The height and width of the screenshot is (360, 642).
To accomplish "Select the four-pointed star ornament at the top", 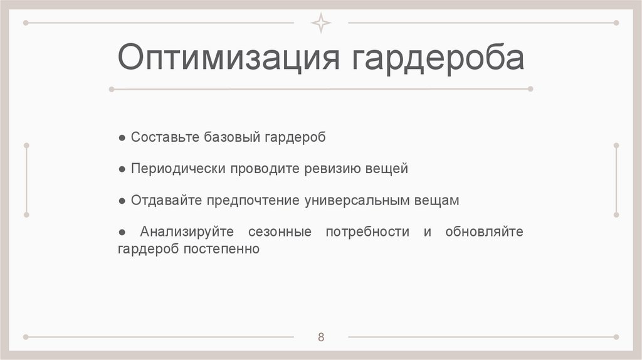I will (321, 23).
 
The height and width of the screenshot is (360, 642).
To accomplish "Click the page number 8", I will (321, 337).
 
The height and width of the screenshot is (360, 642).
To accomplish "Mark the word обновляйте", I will (484, 232).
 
